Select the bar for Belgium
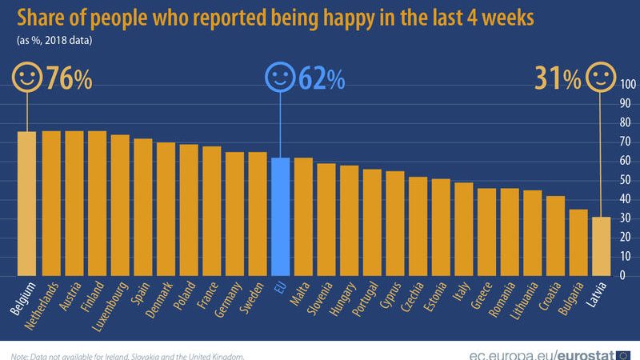pyautogui.click(x=26, y=203)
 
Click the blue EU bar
pyautogui.click(x=280, y=216)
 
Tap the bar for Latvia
pyautogui.click(x=601, y=246)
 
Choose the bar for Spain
pyautogui.click(x=142, y=207)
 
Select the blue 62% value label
pyautogui.click(x=322, y=79)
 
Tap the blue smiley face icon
pyautogui.click(x=279, y=78)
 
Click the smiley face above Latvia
pyautogui.click(x=601, y=78)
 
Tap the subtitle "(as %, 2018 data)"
pyautogui.click(x=54, y=39)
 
